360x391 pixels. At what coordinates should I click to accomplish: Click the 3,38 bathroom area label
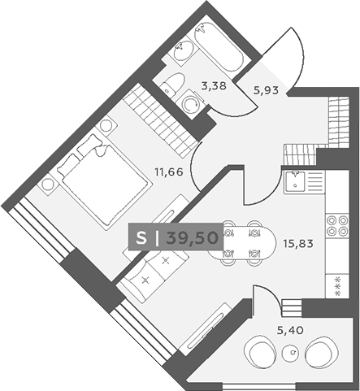[x=214, y=86]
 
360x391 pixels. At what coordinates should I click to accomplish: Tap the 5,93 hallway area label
[x=266, y=90]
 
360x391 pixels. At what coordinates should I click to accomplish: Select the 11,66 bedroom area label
[x=169, y=172]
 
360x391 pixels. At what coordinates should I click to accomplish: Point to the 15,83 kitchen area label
[x=298, y=244]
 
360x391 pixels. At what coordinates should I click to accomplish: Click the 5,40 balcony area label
[x=290, y=330]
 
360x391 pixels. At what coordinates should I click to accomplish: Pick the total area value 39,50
[x=193, y=238]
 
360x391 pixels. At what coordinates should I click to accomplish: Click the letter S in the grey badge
[x=141, y=238]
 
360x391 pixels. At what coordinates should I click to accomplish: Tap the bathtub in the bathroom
[x=219, y=47]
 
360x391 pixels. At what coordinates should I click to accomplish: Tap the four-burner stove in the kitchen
[x=337, y=225]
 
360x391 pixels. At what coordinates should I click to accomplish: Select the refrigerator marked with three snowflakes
[x=337, y=286]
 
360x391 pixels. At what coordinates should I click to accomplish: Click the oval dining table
[x=241, y=242]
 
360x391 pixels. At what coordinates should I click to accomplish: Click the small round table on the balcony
[x=291, y=353]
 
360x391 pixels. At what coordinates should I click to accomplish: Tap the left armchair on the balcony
[x=260, y=351]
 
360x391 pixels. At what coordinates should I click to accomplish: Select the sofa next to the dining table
[x=152, y=274]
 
